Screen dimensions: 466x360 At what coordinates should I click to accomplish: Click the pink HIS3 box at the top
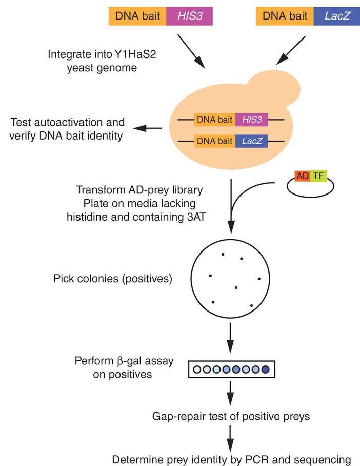(x=189, y=16)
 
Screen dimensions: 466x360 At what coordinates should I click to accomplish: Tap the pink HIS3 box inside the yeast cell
(x=251, y=120)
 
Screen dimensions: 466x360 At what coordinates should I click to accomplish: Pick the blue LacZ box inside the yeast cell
(x=251, y=141)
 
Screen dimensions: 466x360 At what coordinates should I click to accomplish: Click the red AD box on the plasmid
(x=302, y=176)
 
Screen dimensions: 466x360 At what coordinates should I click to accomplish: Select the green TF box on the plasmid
(x=318, y=176)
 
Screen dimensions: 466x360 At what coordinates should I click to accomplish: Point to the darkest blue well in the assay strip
(x=265, y=369)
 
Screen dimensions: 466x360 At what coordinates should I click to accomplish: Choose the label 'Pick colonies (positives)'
(x=112, y=279)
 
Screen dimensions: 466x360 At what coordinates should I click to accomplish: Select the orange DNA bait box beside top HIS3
(x=137, y=16)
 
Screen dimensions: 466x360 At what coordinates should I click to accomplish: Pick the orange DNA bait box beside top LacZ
(x=285, y=16)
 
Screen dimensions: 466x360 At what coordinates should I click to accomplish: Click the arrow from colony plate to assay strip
(x=230, y=336)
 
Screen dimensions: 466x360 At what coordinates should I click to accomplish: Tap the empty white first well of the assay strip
(x=196, y=369)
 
